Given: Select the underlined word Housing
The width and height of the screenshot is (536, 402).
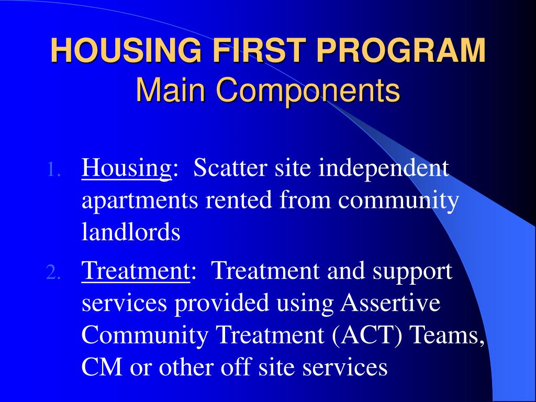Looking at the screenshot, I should tap(127, 169).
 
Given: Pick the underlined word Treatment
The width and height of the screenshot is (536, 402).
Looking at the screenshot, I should tap(136, 272).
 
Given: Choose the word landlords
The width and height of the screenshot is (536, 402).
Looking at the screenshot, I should tap(131, 232).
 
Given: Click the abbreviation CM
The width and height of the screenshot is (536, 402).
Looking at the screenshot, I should tap(102, 367).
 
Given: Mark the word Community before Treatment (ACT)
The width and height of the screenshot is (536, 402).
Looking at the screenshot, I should tap(145, 336).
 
